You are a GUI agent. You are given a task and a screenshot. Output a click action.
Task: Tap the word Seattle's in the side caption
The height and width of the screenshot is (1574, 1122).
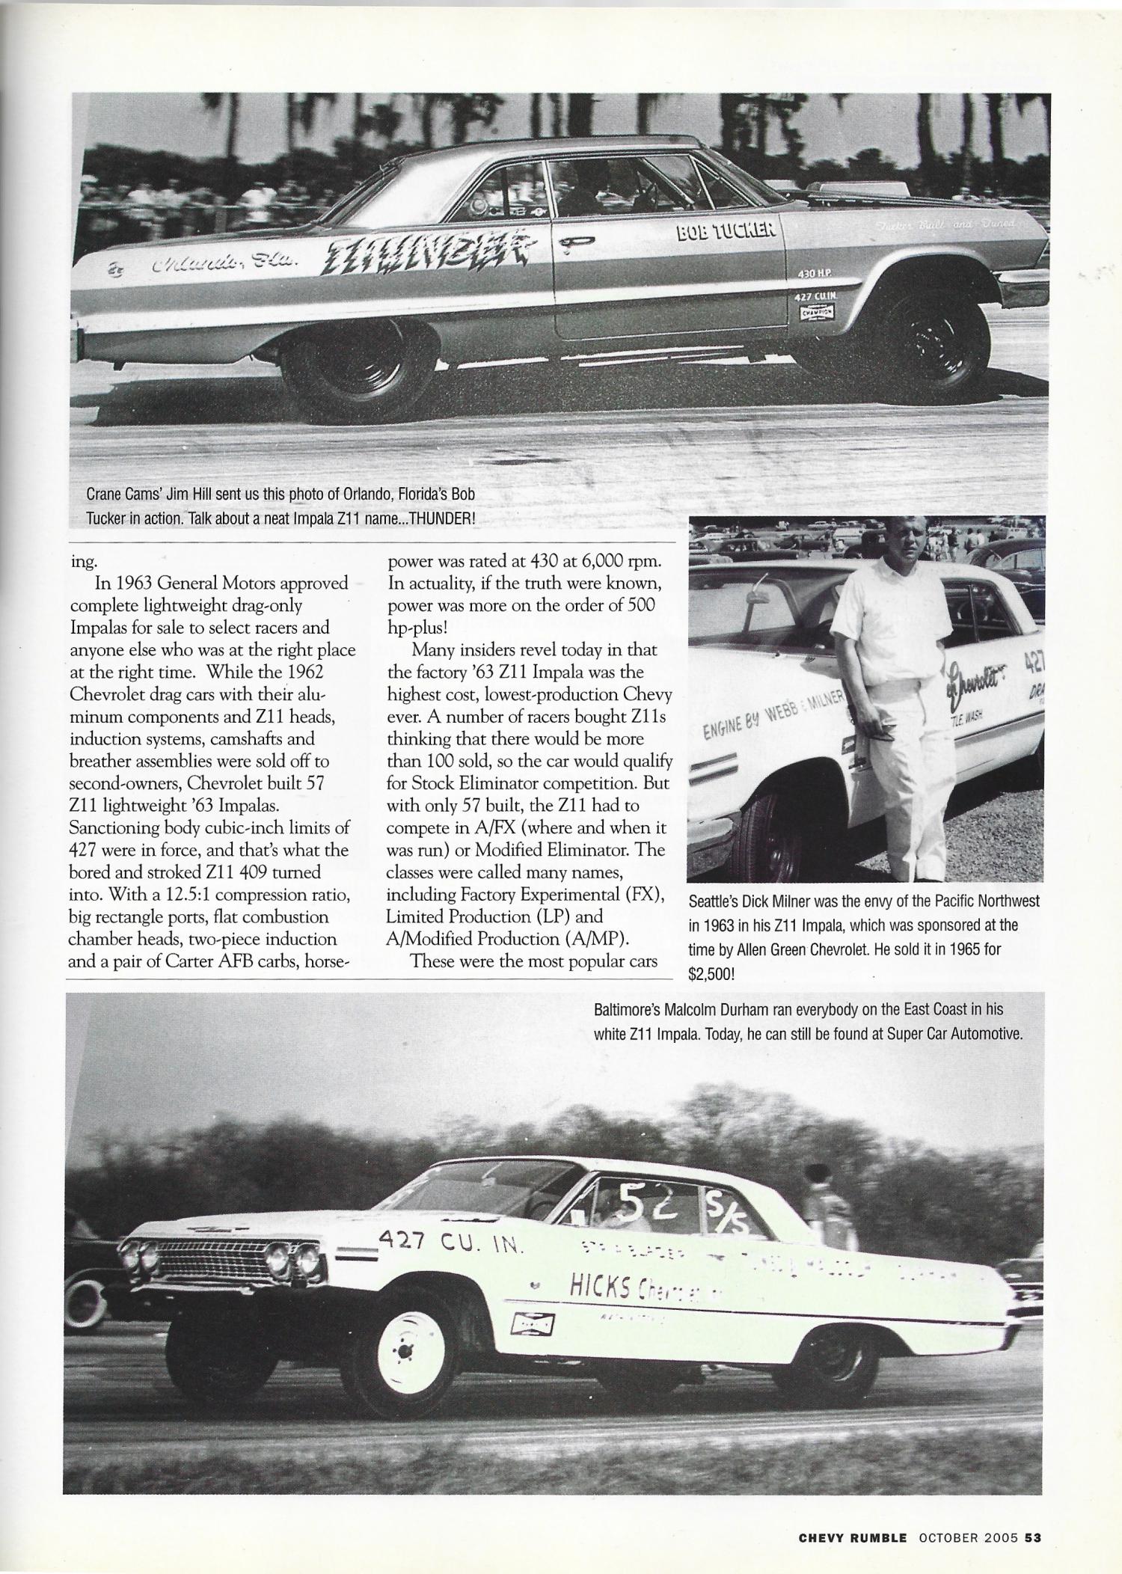tap(714, 901)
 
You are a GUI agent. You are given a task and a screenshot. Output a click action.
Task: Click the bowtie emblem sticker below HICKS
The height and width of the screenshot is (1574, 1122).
tap(531, 1324)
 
